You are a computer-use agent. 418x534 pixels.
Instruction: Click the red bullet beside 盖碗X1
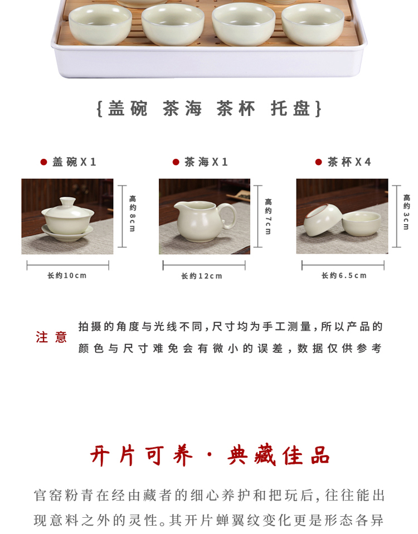[x=43, y=162]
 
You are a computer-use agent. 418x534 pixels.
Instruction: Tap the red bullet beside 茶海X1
[x=176, y=162]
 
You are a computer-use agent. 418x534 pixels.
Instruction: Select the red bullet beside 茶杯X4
[x=319, y=162]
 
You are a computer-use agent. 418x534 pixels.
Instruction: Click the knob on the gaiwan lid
[x=67, y=201]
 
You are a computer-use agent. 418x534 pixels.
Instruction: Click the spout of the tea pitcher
[x=178, y=205]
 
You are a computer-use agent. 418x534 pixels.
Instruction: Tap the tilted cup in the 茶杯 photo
[x=322, y=220]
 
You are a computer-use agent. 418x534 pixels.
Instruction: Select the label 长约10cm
[x=67, y=275]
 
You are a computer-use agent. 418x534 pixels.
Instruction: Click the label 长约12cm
[x=202, y=276]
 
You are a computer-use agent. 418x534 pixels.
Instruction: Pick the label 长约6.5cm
[x=344, y=275]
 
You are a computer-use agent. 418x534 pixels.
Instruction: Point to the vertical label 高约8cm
[x=133, y=213]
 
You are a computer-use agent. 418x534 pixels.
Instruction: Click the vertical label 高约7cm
[x=268, y=217]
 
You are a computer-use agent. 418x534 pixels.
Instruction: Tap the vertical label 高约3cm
[x=406, y=212]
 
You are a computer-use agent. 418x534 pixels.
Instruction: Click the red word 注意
[x=51, y=337]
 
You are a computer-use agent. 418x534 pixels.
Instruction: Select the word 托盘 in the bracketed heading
[x=290, y=109]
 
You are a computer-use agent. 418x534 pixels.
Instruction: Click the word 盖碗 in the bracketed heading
[x=128, y=109]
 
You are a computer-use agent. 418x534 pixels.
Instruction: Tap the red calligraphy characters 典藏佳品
[x=279, y=455]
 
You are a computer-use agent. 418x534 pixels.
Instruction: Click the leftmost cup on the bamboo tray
[x=100, y=24]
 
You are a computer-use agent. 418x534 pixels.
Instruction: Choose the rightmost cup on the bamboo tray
[x=313, y=24]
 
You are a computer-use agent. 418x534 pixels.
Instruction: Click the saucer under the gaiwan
[x=67, y=234]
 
